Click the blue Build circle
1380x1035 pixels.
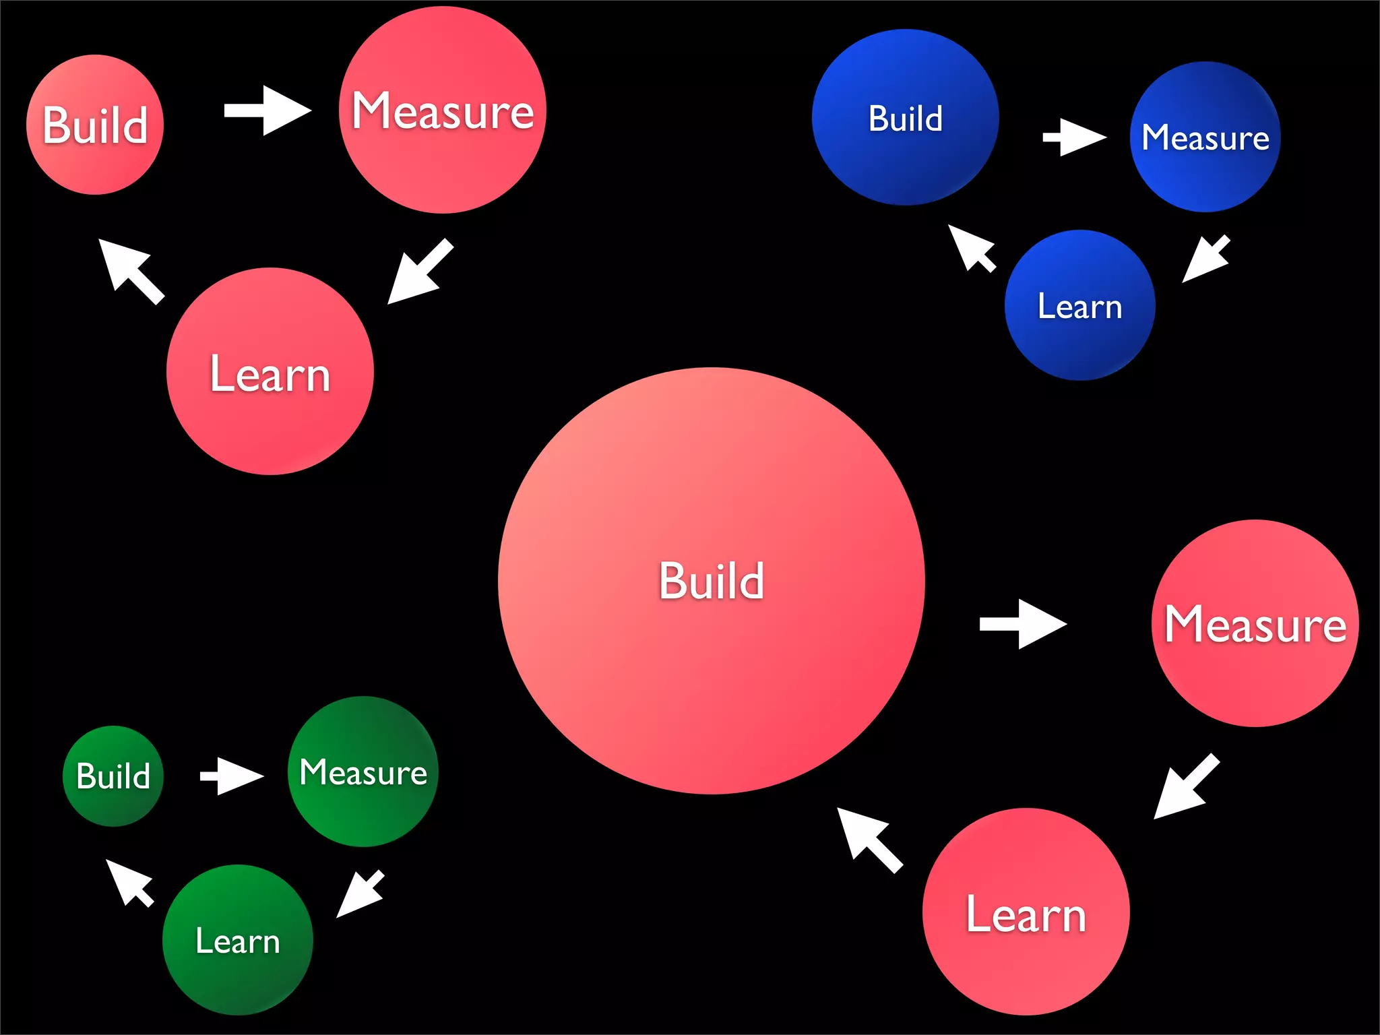click(905, 117)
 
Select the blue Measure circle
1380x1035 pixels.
click(1205, 137)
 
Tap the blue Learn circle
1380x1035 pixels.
click(1079, 305)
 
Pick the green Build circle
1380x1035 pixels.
click(113, 776)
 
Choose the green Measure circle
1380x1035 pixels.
click(363, 772)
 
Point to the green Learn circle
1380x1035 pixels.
click(237, 940)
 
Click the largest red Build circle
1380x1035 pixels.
click(711, 581)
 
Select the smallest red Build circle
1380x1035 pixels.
click(95, 125)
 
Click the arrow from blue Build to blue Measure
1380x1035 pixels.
click(1074, 137)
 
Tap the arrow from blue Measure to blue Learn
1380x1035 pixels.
click(1206, 259)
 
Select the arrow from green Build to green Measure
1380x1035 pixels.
click(231, 776)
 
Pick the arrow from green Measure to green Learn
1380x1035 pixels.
click(360, 893)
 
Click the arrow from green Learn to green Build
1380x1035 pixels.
click(130, 883)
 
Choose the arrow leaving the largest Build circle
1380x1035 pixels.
click(1022, 624)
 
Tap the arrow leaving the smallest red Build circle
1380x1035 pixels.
click(267, 111)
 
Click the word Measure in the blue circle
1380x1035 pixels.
click(1205, 138)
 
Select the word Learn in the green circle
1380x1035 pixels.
click(237, 941)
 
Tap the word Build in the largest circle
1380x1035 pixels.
click(711, 581)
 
